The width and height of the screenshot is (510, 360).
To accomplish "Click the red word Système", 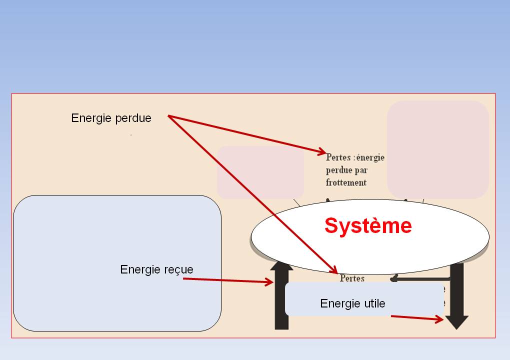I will tap(368, 226).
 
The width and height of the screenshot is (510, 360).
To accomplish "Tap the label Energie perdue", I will tap(111, 118).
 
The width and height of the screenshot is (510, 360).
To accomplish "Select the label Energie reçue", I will tap(156, 270).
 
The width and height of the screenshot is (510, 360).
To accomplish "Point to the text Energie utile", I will tap(352, 303).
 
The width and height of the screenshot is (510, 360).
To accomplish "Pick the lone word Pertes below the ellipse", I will tap(352, 278).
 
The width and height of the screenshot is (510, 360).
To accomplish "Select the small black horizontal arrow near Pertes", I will tap(410, 278).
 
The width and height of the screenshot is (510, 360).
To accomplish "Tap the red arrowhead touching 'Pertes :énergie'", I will tap(321, 151).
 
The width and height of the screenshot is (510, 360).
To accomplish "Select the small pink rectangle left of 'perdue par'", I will tap(260, 172).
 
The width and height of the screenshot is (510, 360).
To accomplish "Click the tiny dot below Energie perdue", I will tap(131, 134).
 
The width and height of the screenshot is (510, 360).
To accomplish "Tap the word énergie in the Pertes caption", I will tap(371, 157).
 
